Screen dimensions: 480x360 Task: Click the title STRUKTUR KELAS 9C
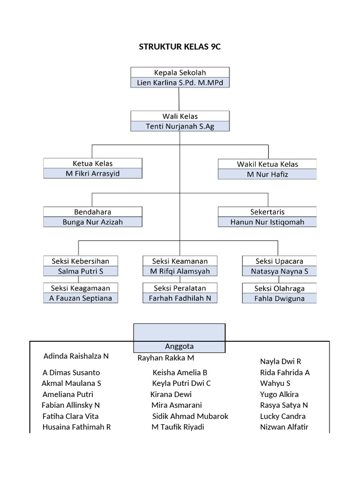tap(180, 47)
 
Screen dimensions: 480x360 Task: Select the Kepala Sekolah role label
tap(180, 73)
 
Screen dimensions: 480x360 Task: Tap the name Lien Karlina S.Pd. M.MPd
tap(180, 83)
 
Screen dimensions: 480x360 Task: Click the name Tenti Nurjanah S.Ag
tap(180, 126)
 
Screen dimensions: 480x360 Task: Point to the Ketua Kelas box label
tap(93, 164)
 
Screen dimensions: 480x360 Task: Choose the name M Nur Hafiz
tap(267, 174)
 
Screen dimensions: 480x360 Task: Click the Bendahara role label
tap(93, 212)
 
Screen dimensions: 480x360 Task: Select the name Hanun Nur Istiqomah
tap(267, 222)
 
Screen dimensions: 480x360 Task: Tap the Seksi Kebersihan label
tap(80, 261)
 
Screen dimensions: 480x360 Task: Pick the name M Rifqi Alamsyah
tap(180, 271)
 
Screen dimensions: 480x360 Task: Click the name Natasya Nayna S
tap(279, 271)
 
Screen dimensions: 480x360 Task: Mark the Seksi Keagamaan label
tap(80, 288)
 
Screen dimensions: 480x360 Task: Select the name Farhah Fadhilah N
tap(180, 298)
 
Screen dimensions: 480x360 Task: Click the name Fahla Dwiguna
tap(279, 299)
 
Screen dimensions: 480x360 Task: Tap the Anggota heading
tap(180, 346)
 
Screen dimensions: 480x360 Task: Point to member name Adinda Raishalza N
tap(76, 356)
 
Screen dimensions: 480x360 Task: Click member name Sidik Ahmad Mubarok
tap(190, 416)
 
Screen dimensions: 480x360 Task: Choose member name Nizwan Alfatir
tap(285, 427)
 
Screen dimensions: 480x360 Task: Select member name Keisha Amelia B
tap(180, 373)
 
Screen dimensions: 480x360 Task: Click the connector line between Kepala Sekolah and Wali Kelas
tap(180, 99)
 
